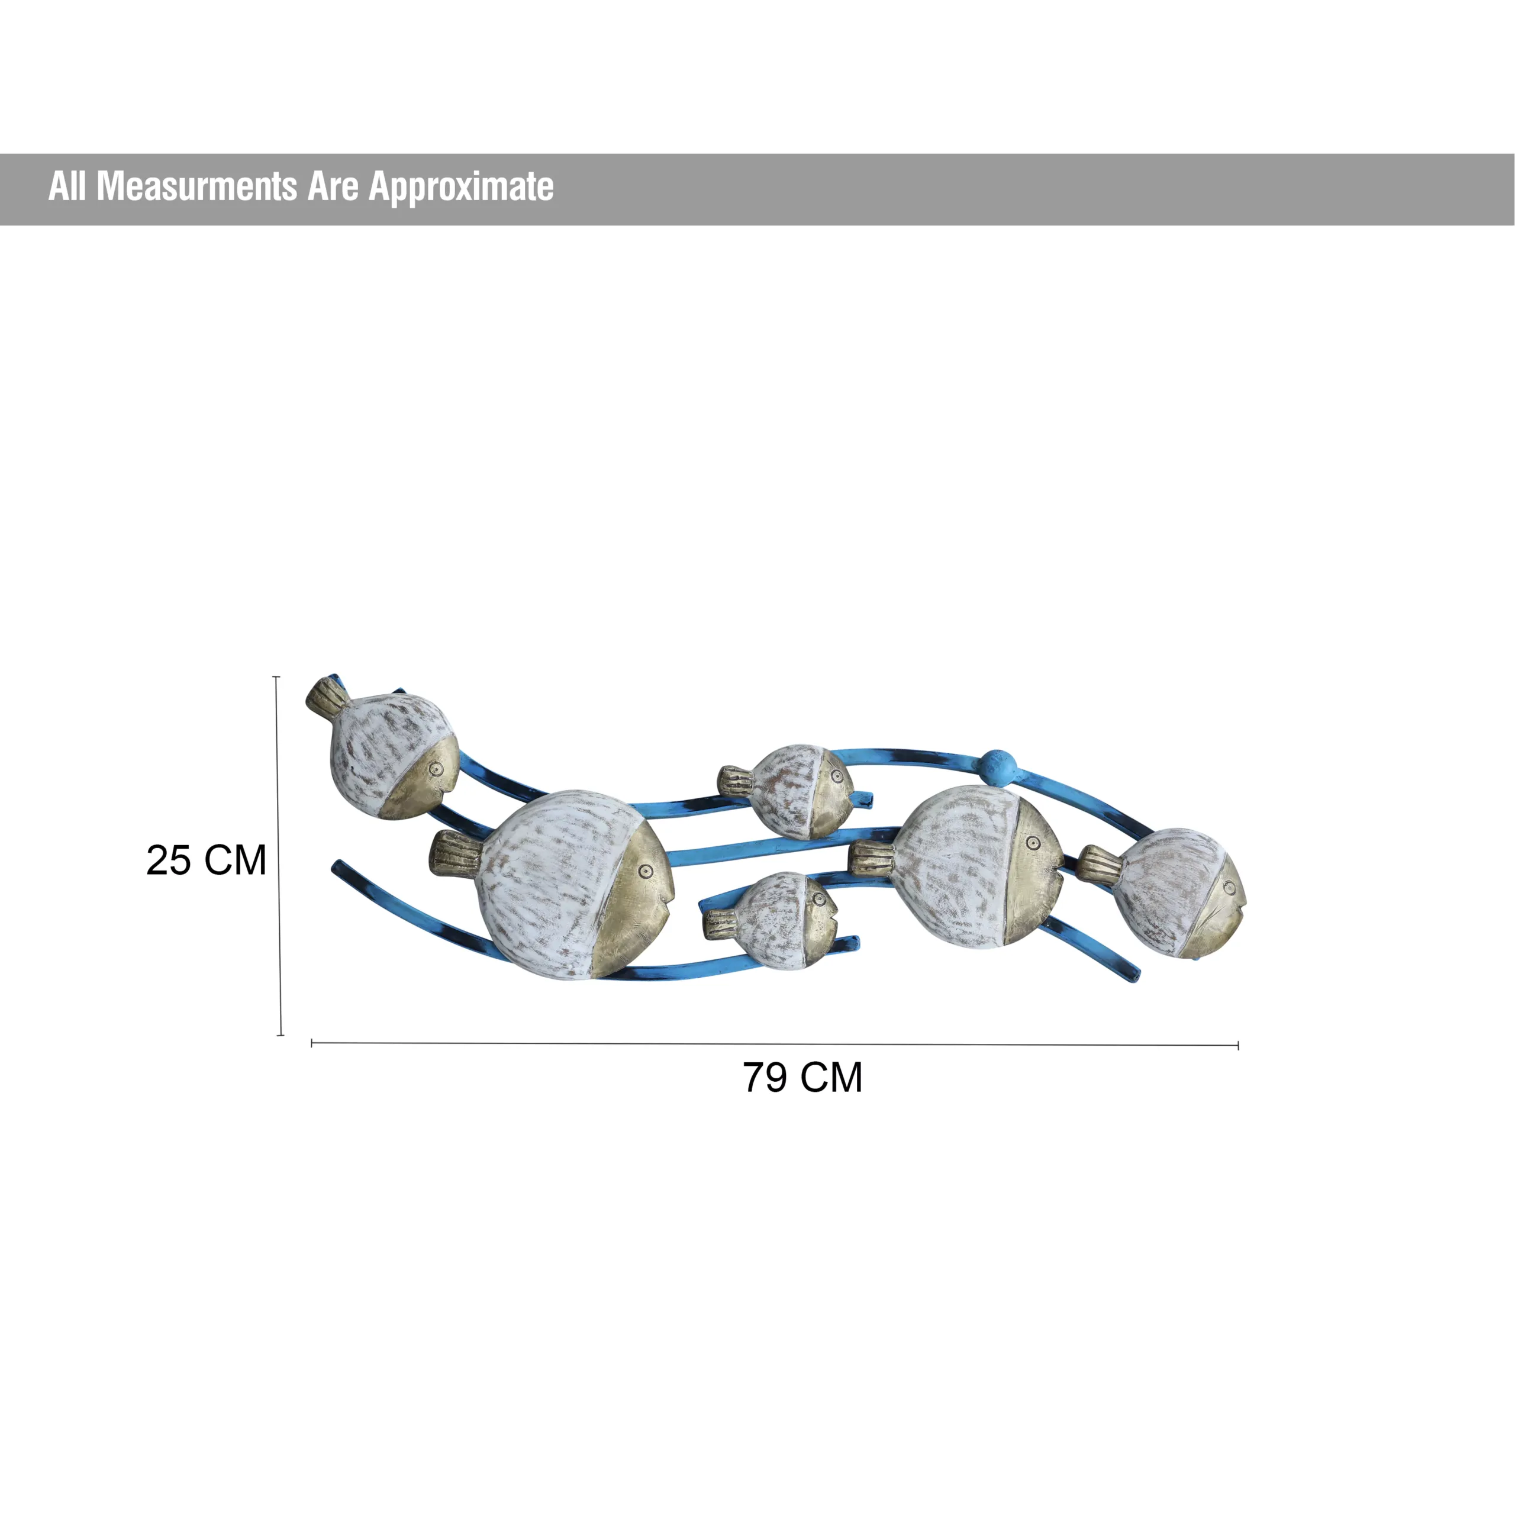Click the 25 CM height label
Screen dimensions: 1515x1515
pos(206,860)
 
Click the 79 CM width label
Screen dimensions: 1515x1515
pos(803,1078)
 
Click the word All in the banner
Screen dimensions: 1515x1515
pos(67,186)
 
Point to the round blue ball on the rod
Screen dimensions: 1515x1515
pos(997,762)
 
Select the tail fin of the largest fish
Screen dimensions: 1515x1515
pos(456,853)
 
